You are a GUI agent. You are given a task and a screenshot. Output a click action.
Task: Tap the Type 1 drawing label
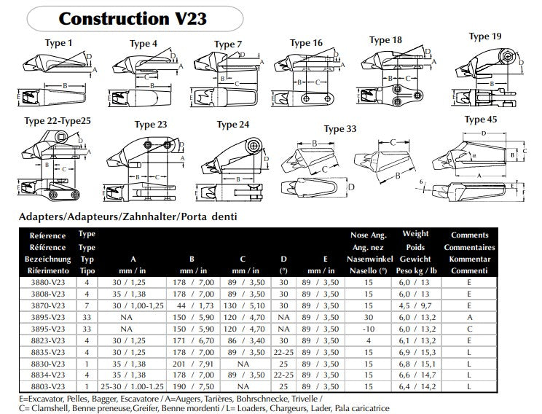[59, 44]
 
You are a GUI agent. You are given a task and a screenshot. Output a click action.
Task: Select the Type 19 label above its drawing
[484, 36]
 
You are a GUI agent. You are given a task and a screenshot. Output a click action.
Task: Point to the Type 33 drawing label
[340, 129]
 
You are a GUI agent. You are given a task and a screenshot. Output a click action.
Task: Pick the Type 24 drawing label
[233, 125]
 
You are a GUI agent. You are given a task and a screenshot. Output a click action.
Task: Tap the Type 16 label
[306, 43]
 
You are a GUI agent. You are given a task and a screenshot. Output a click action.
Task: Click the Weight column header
[415, 235]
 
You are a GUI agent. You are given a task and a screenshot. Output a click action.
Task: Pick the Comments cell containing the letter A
[469, 318]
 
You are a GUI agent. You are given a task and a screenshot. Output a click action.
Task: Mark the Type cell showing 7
[87, 306]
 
